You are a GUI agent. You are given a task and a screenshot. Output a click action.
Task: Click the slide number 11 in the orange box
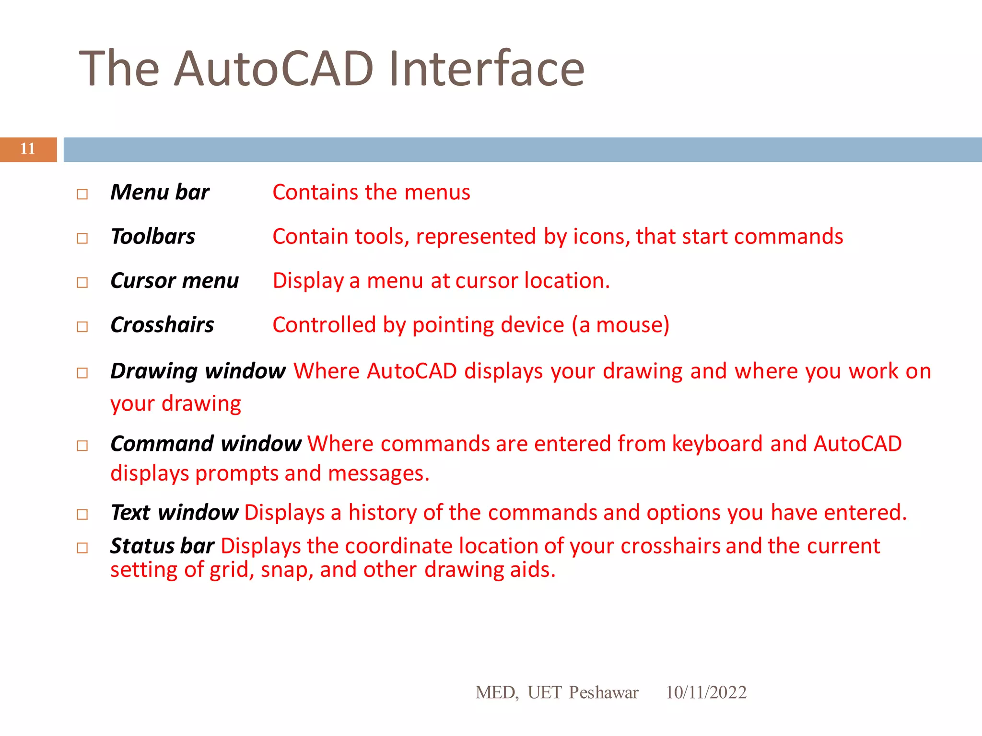tap(28, 149)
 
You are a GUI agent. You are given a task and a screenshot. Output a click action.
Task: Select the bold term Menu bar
tap(160, 192)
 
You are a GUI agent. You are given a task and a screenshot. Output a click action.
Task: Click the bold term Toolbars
tap(152, 237)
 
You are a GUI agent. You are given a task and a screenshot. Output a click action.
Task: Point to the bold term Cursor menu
tap(174, 281)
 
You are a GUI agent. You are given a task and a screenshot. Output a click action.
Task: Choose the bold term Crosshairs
tap(162, 325)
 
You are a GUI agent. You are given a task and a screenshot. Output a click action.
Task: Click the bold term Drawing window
tap(198, 371)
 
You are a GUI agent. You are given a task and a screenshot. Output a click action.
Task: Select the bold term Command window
tap(206, 444)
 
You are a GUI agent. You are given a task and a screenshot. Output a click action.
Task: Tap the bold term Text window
tap(174, 513)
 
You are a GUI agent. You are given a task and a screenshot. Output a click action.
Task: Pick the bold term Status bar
tap(162, 546)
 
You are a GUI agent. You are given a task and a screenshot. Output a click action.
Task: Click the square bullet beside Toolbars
tap(82, 238)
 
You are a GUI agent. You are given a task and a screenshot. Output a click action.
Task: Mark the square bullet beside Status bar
tap(82, 548)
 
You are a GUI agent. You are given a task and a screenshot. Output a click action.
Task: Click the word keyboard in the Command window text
tap(717, 444)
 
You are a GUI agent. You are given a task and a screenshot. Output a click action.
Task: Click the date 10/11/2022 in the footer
tap(706, 692)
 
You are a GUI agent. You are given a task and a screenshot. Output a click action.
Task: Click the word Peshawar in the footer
tap(603, 692)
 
